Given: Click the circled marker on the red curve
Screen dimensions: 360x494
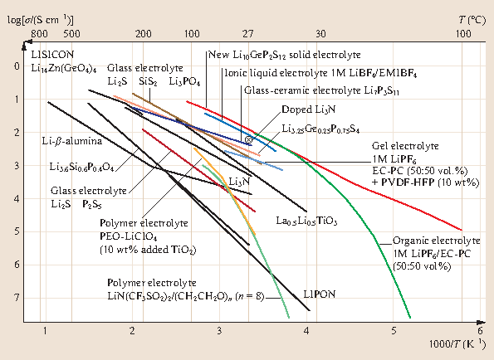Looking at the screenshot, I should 248,139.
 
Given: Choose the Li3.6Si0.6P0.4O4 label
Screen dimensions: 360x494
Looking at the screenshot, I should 81,168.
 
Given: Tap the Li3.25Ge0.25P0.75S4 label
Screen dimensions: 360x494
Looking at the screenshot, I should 320,129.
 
